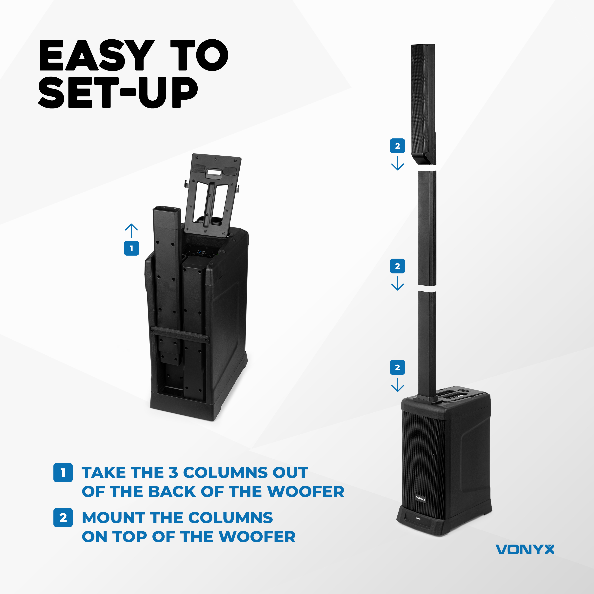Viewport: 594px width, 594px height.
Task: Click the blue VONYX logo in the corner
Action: (525, 549)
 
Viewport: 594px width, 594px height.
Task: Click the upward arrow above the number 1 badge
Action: (131, 231)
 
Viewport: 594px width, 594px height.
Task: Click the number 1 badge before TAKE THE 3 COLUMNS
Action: (63, 473)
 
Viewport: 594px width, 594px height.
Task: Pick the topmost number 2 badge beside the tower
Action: (397, 146)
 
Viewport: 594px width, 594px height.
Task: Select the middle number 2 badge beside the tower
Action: (397, 266)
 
